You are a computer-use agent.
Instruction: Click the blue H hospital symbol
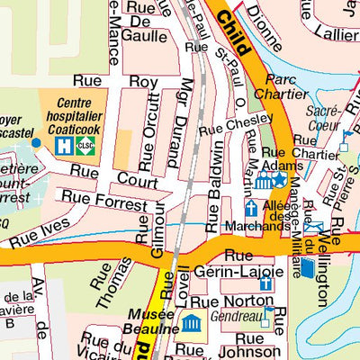[67, 144]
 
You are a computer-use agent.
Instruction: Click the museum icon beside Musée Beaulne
[191, 323]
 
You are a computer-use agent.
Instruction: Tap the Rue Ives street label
[37, 235]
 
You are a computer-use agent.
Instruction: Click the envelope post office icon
[313, 227]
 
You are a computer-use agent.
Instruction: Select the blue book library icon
[308, 267]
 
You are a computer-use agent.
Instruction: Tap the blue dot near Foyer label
[36, 142]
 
